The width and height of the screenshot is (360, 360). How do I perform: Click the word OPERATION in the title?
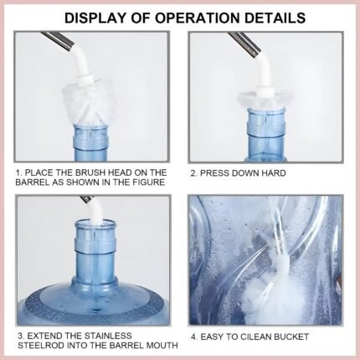click(198, 18)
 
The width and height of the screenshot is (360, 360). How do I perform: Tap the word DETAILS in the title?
click(275, 18)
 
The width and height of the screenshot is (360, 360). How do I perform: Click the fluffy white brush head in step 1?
click(90, 103)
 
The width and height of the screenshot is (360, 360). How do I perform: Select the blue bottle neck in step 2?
click(265, 135)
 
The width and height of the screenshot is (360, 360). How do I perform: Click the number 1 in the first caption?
click(18, 172)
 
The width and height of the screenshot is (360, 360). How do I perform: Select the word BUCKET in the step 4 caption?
click(291, 337)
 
